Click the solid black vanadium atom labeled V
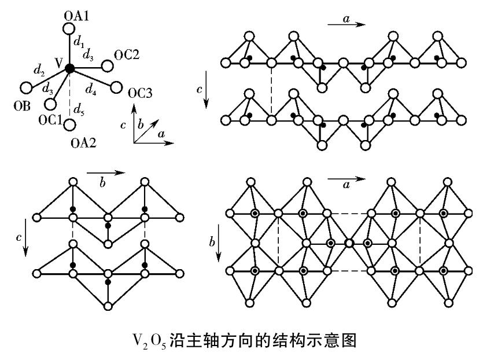(69, 68)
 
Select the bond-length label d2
(39, 72)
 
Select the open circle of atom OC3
(116, 88)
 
